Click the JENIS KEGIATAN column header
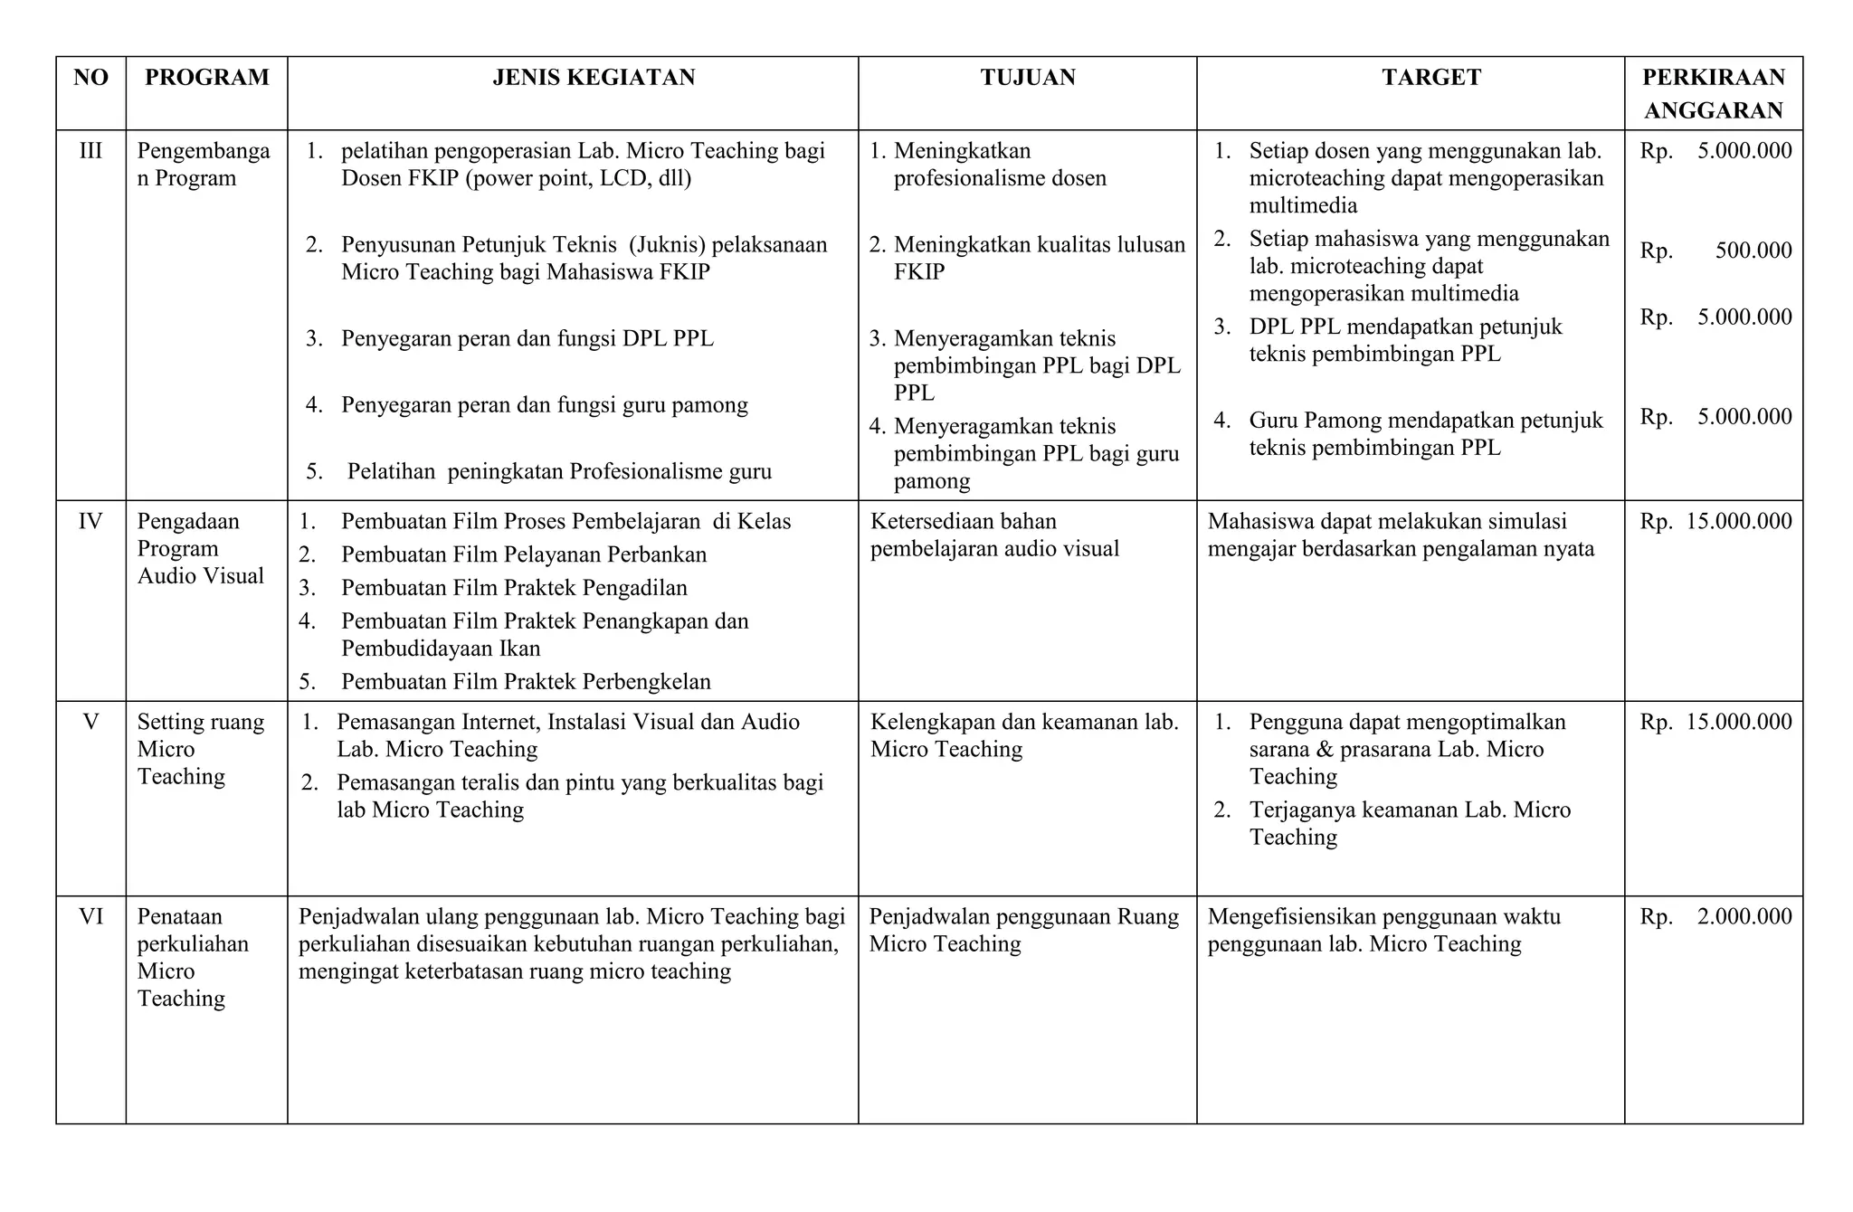[594, 78]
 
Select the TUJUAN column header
[1028, 78]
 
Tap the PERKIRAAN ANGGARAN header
[1714, 93]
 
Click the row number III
[90, 151]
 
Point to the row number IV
[90, 522]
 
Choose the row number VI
[90, 917]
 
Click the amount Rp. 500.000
[1715, 251]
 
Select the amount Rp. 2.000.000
[1715, 917]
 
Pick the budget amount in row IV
[1715, 522]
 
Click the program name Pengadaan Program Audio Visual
[201, 549]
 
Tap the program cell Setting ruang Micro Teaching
[201, 749]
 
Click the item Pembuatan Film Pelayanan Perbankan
[523, 555]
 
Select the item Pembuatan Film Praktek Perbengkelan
[526, 682]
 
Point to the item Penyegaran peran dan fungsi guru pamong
[544, 405]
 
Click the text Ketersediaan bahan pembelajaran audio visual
[994, 535]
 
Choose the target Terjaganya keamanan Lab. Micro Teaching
[1409, 823]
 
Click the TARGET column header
[1431, 78]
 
